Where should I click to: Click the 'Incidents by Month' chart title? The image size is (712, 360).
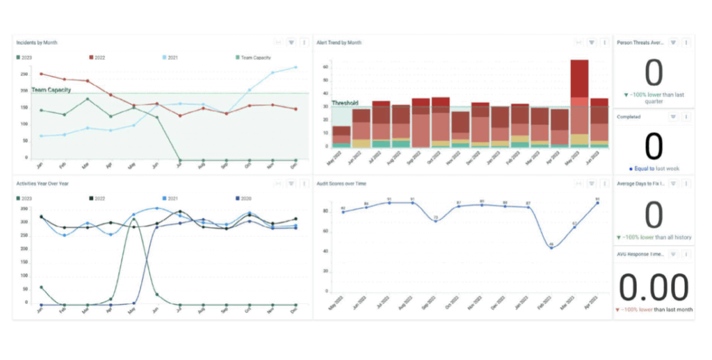tap(37, 43)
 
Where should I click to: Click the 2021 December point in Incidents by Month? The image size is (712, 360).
tap(296, 67)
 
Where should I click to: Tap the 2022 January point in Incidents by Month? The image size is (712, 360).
tap(42, 74)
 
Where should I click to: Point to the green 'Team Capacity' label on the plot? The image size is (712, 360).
tap(52, 90)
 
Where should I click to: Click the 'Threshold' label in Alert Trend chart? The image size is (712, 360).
tap(343, 104)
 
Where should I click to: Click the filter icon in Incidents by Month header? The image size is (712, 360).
tap(291, 43)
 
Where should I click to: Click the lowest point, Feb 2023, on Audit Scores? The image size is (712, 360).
tap(551, 247)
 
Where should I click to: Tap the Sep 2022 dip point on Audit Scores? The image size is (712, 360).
tap(435, 221)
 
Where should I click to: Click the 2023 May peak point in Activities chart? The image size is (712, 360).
tap(133, 219)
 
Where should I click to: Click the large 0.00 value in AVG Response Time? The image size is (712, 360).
tap(654, 287)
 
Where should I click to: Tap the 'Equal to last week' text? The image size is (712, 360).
tap(656, 169)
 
